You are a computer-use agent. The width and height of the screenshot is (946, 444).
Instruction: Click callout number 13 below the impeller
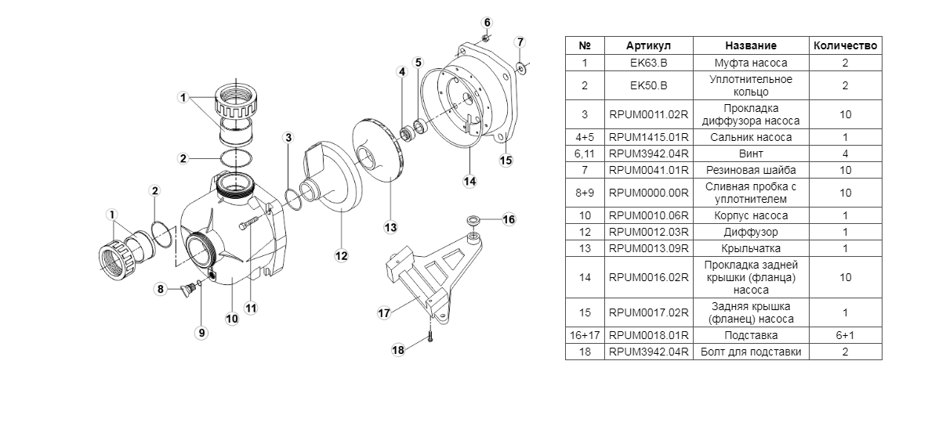390,228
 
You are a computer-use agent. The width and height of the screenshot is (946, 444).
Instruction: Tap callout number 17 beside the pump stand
384,312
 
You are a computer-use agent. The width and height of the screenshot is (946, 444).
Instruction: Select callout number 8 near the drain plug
161,289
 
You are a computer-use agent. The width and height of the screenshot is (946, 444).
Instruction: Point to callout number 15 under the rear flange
506,161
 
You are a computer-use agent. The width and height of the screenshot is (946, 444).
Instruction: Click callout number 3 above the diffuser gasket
288,137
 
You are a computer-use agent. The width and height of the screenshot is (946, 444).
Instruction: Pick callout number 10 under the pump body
232,319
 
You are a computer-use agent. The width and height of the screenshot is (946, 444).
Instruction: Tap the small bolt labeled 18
430,337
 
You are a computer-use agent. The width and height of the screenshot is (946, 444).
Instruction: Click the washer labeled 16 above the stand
473,219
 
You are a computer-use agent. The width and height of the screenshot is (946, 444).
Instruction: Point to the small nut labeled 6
486,38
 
